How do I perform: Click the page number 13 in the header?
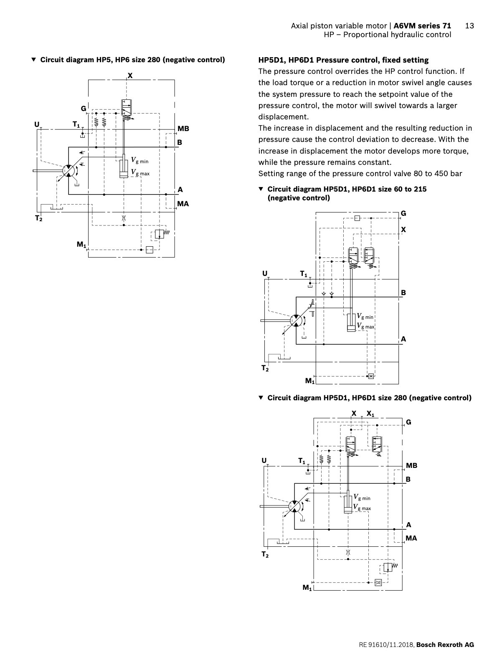[x=469, y=26]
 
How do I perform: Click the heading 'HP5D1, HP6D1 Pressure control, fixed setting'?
[x=343, y=60]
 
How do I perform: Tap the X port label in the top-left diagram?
[x=130, y=76]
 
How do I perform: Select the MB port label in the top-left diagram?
[x=183, y=129]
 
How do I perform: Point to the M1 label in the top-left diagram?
[x=81, y=245]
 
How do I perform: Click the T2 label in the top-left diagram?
[x=38, y=218]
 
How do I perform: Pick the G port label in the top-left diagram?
[x=84, y=109]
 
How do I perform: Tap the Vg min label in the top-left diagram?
[x=140, y=160]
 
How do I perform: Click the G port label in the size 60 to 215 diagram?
[x=403, y=213]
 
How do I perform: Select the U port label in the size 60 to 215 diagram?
[x=265, y=273]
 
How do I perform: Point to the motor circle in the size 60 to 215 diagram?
[x=296, y=321]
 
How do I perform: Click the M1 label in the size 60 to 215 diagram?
[x=309, y=381]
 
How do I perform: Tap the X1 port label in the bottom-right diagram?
[x=370, y=414]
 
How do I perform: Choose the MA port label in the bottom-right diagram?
[x=411, y=538]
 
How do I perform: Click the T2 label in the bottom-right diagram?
[x=265, y=554]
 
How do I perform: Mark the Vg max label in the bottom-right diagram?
[x=362, y=508]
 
